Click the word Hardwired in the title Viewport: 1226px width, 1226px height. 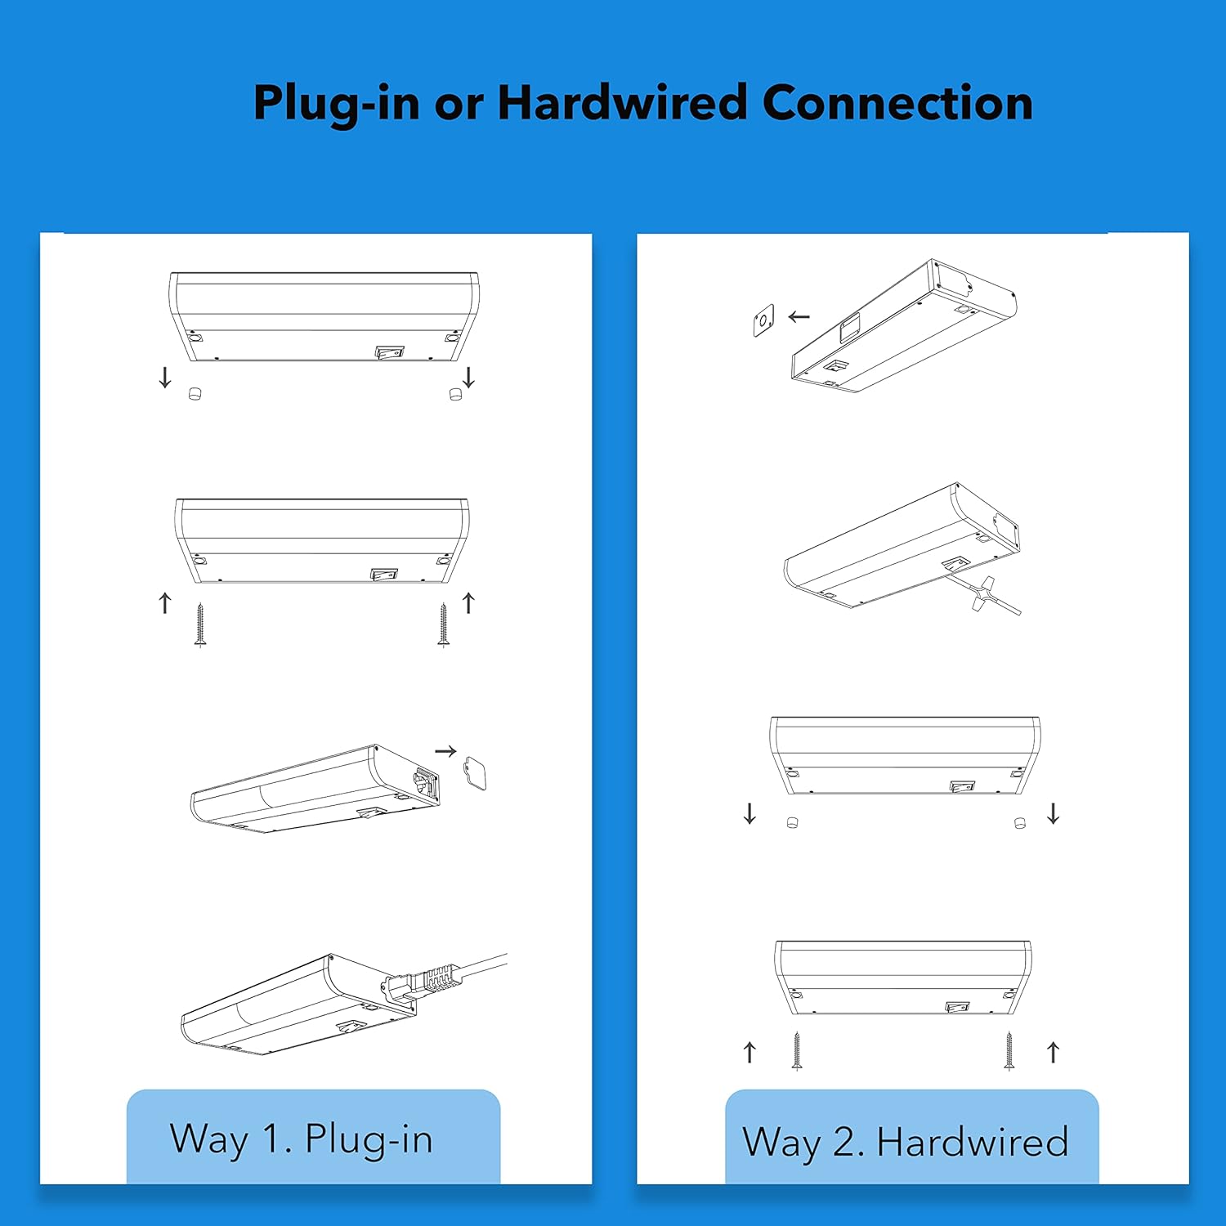(622, 103)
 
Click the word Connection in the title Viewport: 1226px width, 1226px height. (897, 103)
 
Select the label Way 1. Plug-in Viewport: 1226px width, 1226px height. (301, 1139)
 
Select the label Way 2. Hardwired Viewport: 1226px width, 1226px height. (906, 1142)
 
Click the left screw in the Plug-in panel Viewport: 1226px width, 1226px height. (200, 625)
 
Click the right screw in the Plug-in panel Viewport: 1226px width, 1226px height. (443, 625)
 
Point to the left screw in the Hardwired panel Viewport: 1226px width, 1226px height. (797, 1051)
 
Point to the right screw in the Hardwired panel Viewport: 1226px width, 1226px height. (1009, 1051)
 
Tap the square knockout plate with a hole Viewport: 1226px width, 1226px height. (763, 320)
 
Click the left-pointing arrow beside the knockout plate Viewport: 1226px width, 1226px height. (799, 316)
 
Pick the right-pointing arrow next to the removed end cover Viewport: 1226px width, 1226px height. (445, 751)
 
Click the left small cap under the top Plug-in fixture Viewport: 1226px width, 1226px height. (195, 394)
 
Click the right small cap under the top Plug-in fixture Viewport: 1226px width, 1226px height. (456, 394)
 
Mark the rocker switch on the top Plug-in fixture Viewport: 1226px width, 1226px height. (390, 352)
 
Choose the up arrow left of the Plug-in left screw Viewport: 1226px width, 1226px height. (165, 603)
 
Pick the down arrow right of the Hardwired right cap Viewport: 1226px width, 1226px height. (1054, 813)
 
